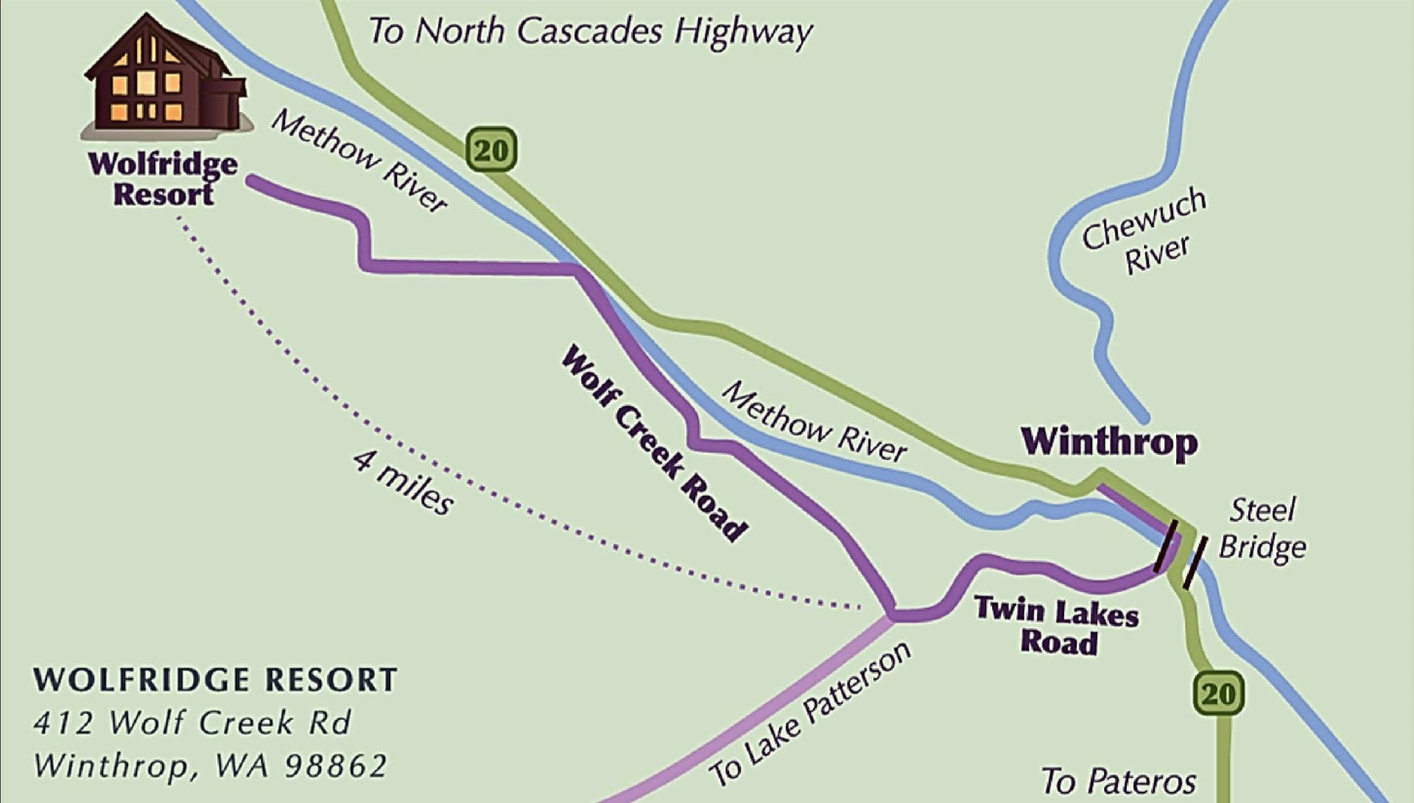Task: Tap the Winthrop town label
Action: click(x=1109, y=441)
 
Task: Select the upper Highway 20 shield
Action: click(x=490, y=150)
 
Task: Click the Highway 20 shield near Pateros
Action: click(x=1218, y=693)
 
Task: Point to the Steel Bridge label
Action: click(x=1262, y=529)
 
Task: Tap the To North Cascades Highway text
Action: click(x=590, y=32)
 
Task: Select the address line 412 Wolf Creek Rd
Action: click(x=192, y=723)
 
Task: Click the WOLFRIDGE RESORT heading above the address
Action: click(x=215, y=680)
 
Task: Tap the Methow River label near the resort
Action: click(x=359, y=161)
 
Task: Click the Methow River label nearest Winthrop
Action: click(x=813, y=422)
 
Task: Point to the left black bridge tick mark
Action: click(x=1165, y=546)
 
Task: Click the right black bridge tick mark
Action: click(x=1195, y=562)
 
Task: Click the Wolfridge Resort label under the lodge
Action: click(x=163, y=179)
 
